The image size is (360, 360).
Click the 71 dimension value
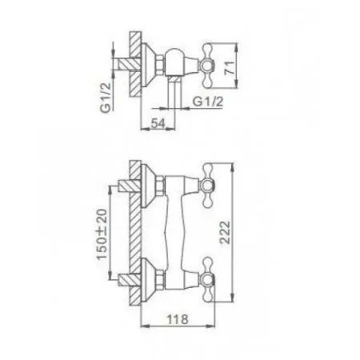(x=230, y=68)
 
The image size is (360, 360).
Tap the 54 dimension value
(x=158, y=123)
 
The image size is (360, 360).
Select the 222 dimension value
(x=225, y=232)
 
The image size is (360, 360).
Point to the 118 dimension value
(x=178, y=319)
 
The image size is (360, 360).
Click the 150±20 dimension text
(x=102, y=234)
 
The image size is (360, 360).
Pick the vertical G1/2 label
(x=106, y=98)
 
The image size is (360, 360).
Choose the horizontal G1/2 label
(x=208, y=102)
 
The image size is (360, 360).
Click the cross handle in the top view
(x=207, y=66)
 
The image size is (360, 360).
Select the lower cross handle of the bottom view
(x=208, y=280)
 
